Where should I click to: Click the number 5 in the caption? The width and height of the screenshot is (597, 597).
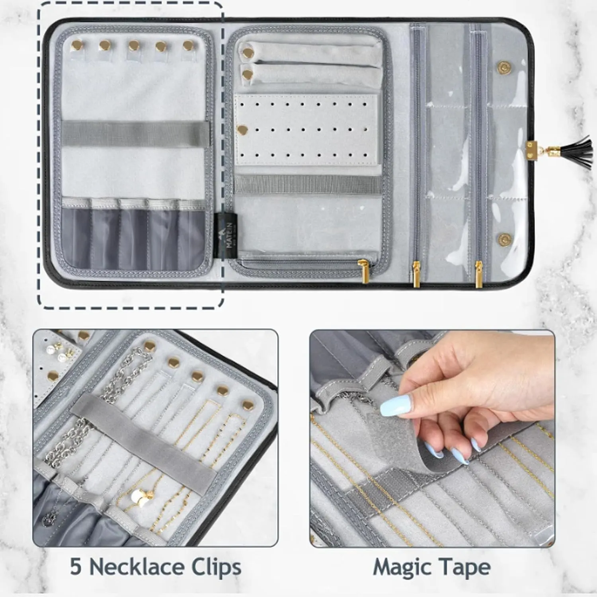point(75,567)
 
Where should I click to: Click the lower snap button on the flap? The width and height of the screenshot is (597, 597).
point(502,238)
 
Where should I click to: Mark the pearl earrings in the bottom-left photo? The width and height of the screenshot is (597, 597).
point(56,354)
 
